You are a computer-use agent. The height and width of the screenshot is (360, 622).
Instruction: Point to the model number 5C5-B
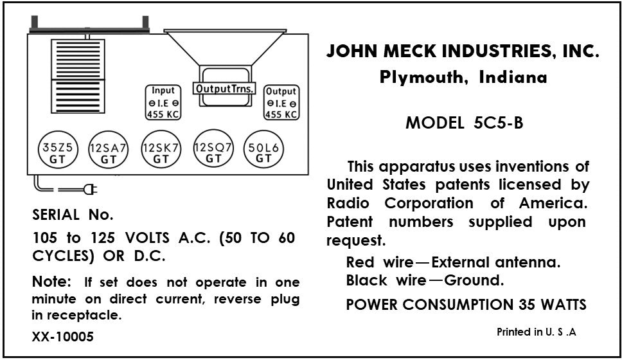point(493,123)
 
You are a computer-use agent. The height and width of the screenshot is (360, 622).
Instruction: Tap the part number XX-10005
point(62,336)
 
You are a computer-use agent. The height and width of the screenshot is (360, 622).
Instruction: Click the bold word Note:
point(51,282)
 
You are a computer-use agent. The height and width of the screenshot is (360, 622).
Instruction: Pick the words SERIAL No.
point(73,215)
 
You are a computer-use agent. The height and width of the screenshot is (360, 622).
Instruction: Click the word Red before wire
point(360,262)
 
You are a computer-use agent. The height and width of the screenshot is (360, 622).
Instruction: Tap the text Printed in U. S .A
point(537,332)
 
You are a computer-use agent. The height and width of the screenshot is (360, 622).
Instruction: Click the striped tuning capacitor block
point(77,77)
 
